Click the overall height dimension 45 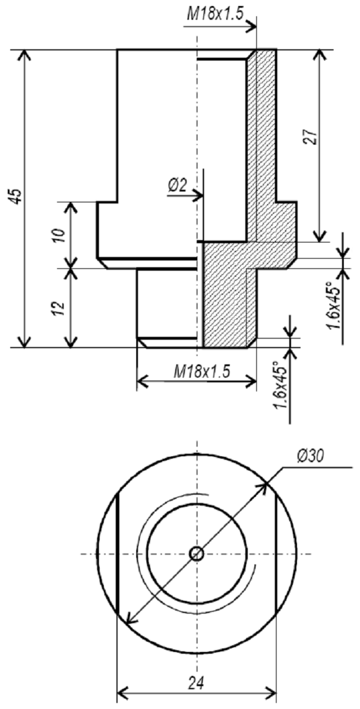tap(17, 196)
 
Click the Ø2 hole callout tap(177, 186)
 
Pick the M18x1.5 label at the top tap(216, 14)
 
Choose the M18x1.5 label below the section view tap(202, 372)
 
